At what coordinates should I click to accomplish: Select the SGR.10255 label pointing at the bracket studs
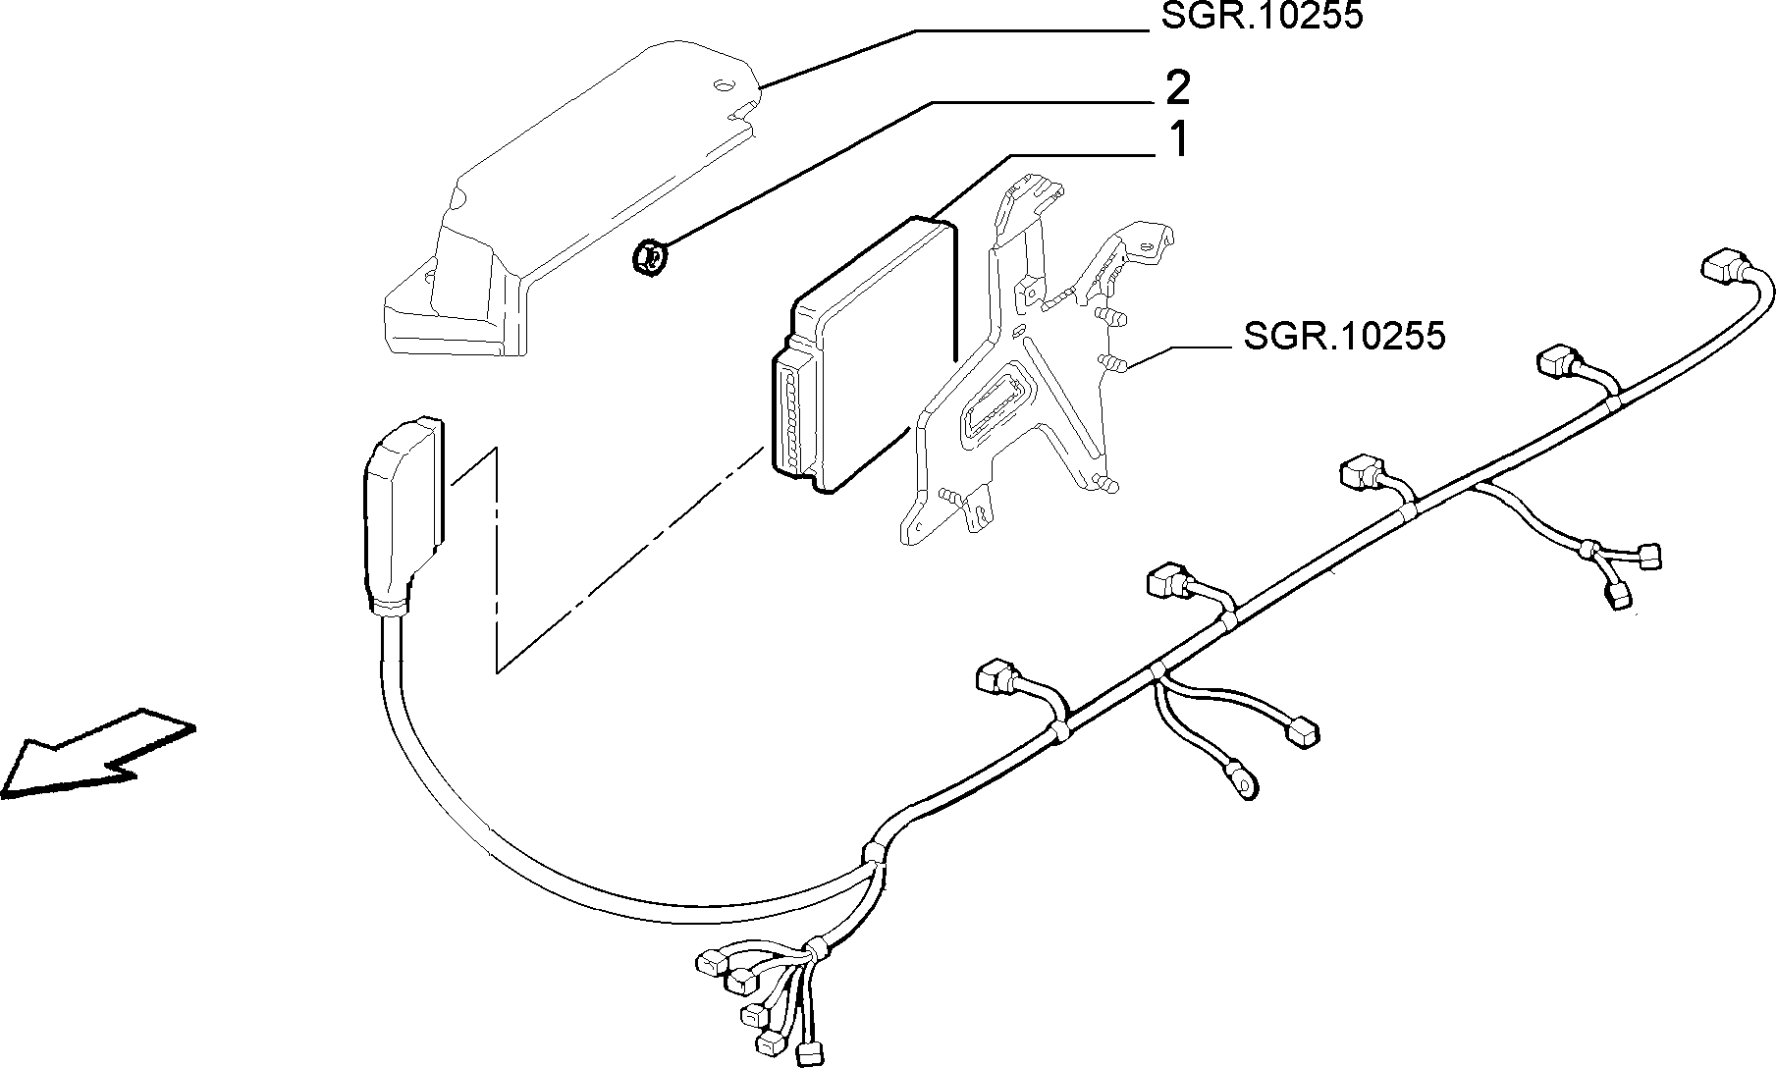tap(1344, 336)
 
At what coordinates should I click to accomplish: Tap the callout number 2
tap(1177, 88)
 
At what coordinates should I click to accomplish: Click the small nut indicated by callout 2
tap(647, 258)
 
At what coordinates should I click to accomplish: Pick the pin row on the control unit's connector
tap(791, 412)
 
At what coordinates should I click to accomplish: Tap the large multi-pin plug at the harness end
tap(402, 510)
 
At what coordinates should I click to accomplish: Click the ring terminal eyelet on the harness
tap(1242, 780)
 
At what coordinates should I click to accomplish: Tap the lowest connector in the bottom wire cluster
tap(808, 1052)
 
